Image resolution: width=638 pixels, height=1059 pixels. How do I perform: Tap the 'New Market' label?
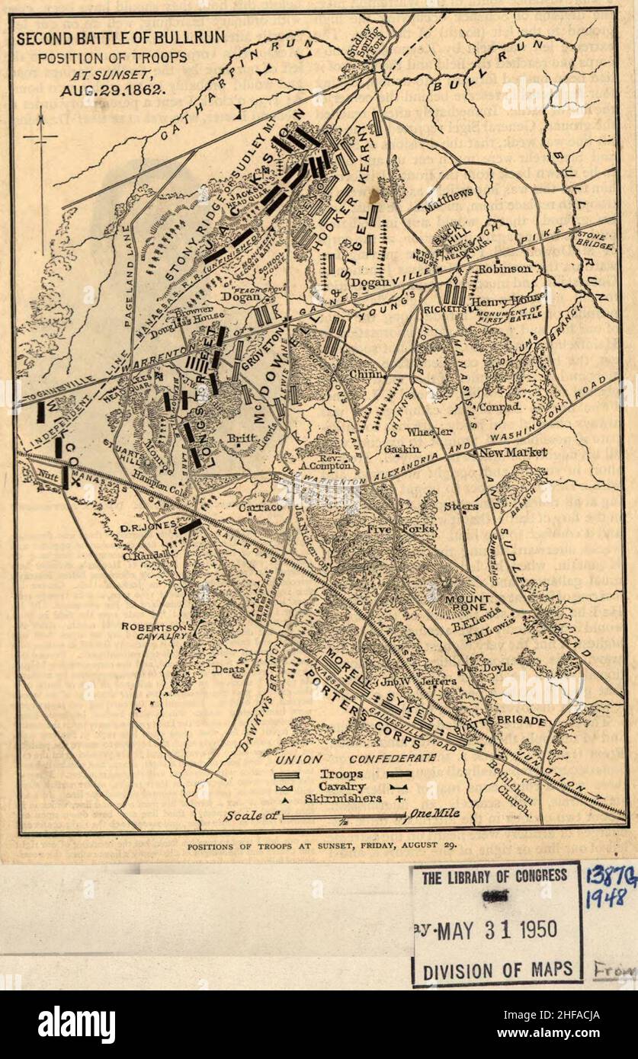tap(513, 453)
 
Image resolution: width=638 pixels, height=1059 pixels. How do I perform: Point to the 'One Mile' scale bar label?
tap(435, 814)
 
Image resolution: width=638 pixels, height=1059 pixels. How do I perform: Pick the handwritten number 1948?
tap(606, 898)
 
